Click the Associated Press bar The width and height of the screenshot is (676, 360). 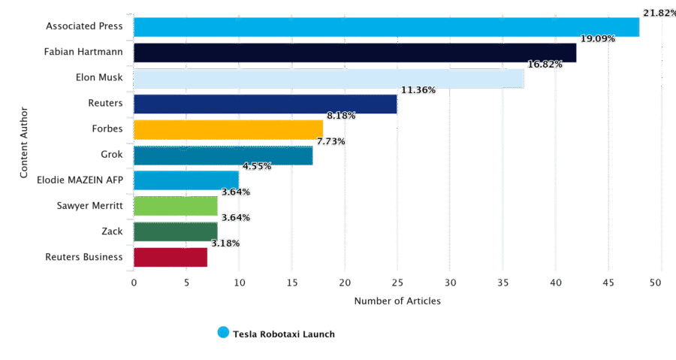pyautogui.click(x=386, y=27)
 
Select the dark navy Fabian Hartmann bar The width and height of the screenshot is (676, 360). pyautogui.click(x=355, y=53)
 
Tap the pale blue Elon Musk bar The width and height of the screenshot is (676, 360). pyautogui.click(x=328, y=78)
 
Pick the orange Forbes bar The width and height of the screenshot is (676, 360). pyautogui.click(x=228, y=130)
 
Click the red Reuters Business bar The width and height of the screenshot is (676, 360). pyautogui.click(x=171, y=257)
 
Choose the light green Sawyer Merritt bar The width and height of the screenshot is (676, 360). pyautogui.click(x=176, y=206)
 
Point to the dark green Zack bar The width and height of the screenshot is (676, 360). pyautogui.click(x=176, y=232)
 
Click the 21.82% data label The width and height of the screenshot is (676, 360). pyautogui.click(x=659, y=13)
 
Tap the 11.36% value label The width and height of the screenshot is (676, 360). pyautogui.click(x=418, y=90)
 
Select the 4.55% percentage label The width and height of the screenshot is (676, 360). pyautogui.click(x=257, y=166)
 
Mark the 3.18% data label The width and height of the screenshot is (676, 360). pyautogui.click(x=225, y=244)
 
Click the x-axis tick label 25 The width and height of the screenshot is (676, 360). pyautogui.click(x=397, y=283)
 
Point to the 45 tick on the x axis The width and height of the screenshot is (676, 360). pyautogui.click(x=608, y=283)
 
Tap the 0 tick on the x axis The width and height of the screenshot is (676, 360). pyautogui.click(x=134, y=283)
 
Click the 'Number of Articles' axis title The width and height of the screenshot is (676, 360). pyautogui.click(x=397, y=301)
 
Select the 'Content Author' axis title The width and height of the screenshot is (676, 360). pyautogui.click(x=24, y=142)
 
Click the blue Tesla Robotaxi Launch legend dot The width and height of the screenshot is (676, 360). pyautogui.click(x=223, y=332)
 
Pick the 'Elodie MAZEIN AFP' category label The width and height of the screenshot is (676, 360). pyautogui.click(x=80, y=180)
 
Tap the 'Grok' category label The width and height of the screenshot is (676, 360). pyautogui.click(x=112, y=154)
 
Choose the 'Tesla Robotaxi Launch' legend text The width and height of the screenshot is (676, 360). pyautogui.click(x=284, y=334)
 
